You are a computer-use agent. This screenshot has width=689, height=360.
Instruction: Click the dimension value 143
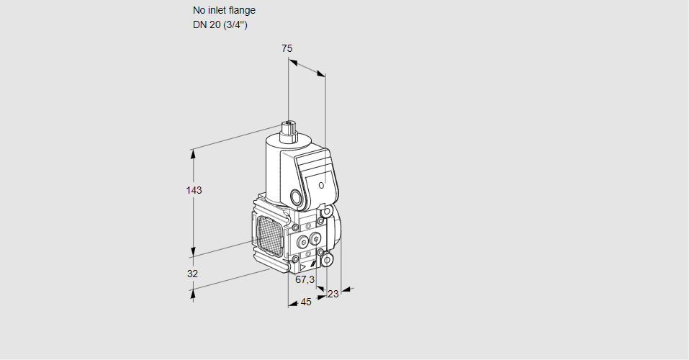tap(194, 191)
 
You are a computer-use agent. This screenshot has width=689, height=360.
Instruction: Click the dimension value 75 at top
tap(287, 48)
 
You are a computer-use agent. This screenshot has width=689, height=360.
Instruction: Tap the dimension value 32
tap(192, 274)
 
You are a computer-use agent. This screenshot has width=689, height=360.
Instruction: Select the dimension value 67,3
tap(305, 279)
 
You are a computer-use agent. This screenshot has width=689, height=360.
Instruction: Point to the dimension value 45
tap(306, 302)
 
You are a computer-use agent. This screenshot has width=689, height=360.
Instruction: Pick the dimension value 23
tap(333, 294)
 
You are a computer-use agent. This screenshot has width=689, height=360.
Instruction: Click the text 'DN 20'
tap(205, 25)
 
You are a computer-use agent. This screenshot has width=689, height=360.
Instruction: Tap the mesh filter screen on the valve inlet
tap(268, 233)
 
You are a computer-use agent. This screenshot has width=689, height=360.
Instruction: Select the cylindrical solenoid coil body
tap(276, 169)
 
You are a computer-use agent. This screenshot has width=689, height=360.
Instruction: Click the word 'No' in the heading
tap(199, 11)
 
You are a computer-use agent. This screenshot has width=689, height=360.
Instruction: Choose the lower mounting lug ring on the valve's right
tap(327, 259)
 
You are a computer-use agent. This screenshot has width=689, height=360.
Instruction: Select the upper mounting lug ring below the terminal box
tap(327, 212)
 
